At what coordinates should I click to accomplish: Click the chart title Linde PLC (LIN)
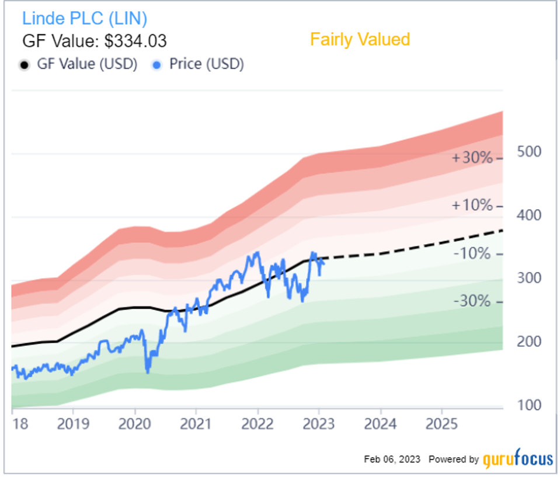(x=85, y=18)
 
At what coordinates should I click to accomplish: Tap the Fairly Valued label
(x=360, y=40)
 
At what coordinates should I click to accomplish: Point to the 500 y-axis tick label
(x=530, y=152)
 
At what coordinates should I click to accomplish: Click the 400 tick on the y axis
(x=530, y=215)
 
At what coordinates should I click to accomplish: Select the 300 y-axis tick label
(x=530, y=279)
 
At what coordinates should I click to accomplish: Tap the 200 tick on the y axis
(x=530, y=342)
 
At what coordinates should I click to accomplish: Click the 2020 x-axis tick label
(x=134, y=423)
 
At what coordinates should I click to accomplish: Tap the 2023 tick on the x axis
(x=319, y=423)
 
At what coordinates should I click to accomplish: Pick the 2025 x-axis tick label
(x=441, y=423)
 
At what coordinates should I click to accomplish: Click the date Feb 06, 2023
(x=392, y=460)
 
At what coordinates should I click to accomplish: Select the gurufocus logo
(x=518, y=460)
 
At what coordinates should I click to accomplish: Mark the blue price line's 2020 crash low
(x=148, y=372)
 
